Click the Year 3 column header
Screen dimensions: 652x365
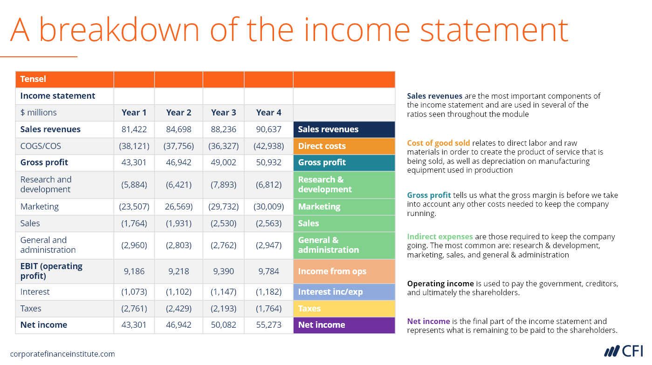click(x=223, y=113)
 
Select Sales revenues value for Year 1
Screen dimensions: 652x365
click(x=134, y=129)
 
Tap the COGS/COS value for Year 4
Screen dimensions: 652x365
click(x=268, y=146)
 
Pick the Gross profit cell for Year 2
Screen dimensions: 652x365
click(x=178, y=162)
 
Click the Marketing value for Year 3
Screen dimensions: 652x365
click(x=223, y=207)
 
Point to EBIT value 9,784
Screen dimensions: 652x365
click(x=268, y=271)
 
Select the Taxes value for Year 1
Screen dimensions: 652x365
click(x=134, y=308)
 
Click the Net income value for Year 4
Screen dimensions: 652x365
click(x=268, y=324)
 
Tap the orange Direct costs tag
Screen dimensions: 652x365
click(x=344, y=146)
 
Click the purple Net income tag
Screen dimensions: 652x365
click(x=344, y=325)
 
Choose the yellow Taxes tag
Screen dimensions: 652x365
click(x=344, y=309)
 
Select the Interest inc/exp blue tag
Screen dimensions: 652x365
click(x=344, y=292)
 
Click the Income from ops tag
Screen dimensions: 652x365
click(x=344, y=271)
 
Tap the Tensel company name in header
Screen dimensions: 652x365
click(x=33, y=79)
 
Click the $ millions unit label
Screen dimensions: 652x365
click(x=38, y=113)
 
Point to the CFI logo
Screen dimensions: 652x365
click(x=624, y=351)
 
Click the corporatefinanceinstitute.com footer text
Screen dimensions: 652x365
click(x=62, y=354)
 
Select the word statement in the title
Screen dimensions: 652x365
click(x=494, y=30)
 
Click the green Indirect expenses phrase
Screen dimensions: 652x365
click(x=440, y=237)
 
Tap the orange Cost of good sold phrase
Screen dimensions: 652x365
click(x=439, y=143)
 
